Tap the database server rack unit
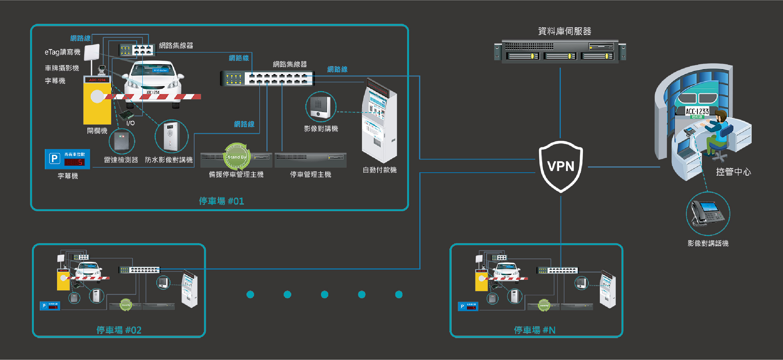(x=560, y=52)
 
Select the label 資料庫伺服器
(x=564, y=31)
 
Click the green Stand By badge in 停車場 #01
(x=237, y=157)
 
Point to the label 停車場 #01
(x=221, y=201)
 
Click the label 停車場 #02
(x=119, y=330)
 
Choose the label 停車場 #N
(x=534, y=330)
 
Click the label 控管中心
(x=733, y=172)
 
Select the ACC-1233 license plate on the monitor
(x=697, y=112)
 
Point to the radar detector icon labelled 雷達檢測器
(x=122, y=141)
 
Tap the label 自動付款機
(x=380, y=170)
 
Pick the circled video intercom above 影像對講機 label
(x=320, y=107)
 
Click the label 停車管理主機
(x=310, y=174)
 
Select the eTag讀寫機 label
(x=62, y=52)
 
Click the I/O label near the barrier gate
(x=131, y=123)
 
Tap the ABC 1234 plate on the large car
(x=153, y=92)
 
